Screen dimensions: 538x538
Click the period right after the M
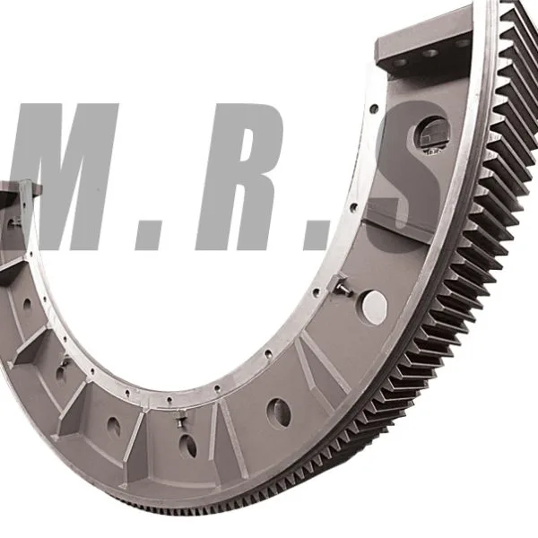148,237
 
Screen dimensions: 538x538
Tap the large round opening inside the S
431,136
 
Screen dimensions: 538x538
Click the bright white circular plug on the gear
375,307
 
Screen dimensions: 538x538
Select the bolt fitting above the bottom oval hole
180,420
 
